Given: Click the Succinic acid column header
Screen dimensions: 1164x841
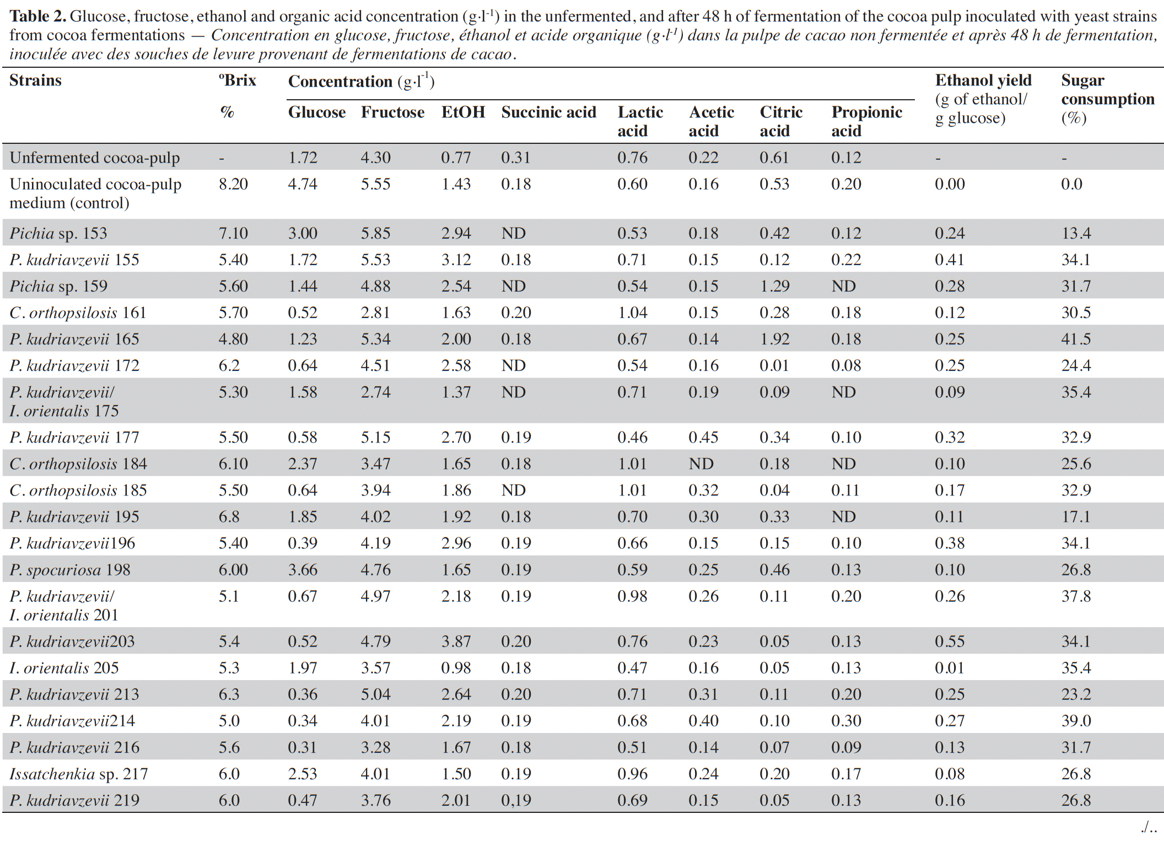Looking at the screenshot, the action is click(x=548, y=112).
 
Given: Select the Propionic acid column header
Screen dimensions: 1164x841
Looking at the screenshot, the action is click(x=866, y=121).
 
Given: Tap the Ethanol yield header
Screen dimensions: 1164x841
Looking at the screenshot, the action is click(x=983, y=99).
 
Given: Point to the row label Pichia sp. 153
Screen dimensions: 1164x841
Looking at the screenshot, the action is click(x=58, y=234).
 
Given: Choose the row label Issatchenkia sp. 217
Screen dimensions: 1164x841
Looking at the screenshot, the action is click(x=79, y=774).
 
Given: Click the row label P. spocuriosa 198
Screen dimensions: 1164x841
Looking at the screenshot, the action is click(x=70, y=570).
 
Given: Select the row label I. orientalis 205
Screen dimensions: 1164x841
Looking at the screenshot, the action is click(x=64, y=668).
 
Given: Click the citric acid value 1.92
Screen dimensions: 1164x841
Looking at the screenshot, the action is click(x=774, y=339).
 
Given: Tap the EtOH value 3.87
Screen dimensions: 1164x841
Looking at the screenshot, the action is click(x=456, y=641).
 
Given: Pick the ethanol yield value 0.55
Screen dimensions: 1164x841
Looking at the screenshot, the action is click(x=950, y=641).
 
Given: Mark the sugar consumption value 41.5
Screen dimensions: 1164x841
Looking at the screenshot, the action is click(x=1076, y=339).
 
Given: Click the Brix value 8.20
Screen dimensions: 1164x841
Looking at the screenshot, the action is click(x=233, y=184).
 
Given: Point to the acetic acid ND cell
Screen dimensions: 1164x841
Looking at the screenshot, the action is click(x=701, y=464).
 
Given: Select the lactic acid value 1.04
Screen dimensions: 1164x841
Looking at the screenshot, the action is click(x=632, y=312).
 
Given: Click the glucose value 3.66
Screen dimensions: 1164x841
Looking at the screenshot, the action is click(x=303, y=570).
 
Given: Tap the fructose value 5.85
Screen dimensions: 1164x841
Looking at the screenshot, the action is click(x=375, y=234).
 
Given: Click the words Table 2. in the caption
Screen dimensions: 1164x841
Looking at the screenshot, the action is click(x=37, y=17).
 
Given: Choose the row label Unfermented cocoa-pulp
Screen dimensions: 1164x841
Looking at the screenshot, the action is click(x=95, y=158).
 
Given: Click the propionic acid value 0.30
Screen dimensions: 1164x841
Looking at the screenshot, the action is click(x=846, y=721).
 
